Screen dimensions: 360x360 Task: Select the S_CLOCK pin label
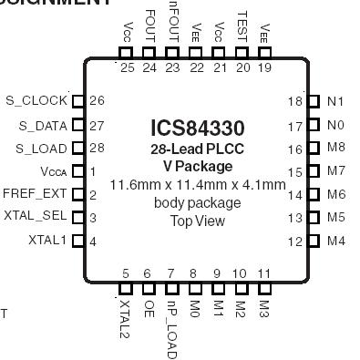(36, 101)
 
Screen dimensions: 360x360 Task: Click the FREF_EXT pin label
(35, 193)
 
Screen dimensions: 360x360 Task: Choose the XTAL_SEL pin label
(36, 216)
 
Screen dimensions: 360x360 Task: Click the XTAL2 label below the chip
(125, 315)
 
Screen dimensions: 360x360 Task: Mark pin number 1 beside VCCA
(93, 170)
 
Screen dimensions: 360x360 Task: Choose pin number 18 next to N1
(294, 102)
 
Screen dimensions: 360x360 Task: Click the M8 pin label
(336, 148)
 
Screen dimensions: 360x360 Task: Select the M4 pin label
(336, 241)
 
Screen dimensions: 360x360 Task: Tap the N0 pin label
(335, 125)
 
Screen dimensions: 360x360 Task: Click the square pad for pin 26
(77, 101)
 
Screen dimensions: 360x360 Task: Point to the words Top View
(197, 221)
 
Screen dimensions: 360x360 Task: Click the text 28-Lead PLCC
(197, 149)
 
